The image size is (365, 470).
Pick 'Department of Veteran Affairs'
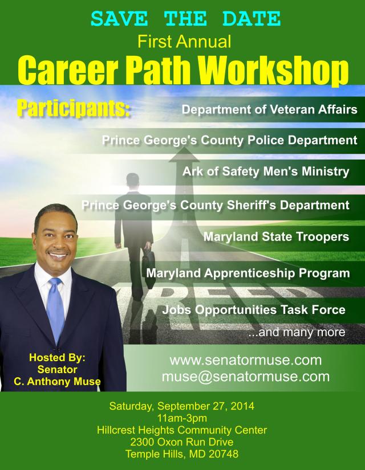click(x=270, y=109)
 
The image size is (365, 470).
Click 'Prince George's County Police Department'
click(x=229, y=140)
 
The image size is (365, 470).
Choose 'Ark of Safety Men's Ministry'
click(x=266, y=171)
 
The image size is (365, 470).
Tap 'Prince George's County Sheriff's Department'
click(x=215, y=204)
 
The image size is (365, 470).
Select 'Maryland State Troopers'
click(x=276, y=236)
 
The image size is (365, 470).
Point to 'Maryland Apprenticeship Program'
click(x=248, y=273)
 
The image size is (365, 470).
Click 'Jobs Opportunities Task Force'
click(x=254, y=310)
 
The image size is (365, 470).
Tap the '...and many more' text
click(x=297, y=332)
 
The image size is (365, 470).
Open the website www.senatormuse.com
click(x=245, y=361)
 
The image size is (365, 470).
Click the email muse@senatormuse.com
click(x=245, y=377)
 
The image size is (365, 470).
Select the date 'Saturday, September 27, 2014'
click(x=181, y=407)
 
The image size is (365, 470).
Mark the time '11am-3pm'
click(x=181, y=419)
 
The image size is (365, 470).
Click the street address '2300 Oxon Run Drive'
click(x=181, y=442)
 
